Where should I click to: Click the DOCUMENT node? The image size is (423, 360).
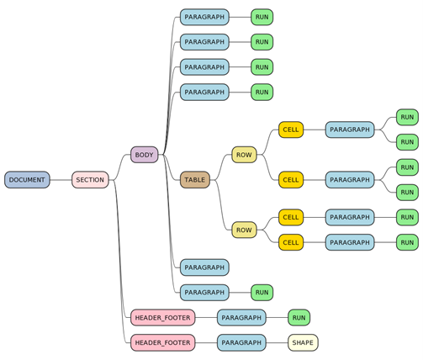[x=27, y=180]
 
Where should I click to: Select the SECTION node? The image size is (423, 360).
[x=90, y=180]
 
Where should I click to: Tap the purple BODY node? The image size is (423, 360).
[x=145, y=155]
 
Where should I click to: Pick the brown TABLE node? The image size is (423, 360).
[x=195, y=180]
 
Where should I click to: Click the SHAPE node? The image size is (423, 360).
[x=303, y=342]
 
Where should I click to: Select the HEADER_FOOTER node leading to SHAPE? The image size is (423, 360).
[x=162, y=342]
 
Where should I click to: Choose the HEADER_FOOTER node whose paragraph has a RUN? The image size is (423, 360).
[x=162, y=318]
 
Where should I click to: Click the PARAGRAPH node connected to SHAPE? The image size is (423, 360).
[x=241, y=342]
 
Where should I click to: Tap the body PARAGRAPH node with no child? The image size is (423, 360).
[x=204, y=267]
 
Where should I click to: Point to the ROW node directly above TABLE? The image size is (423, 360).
[x=244, y=155]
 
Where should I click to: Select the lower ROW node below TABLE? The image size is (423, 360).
[x=244, y=230]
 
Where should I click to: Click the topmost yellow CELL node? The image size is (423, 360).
[x=291, y=130]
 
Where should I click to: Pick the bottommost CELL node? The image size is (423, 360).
[x=291, y=242]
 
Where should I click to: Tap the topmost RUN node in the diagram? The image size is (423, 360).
[x=262, y=17]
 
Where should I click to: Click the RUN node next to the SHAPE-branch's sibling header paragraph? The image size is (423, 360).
[x=299, y=318]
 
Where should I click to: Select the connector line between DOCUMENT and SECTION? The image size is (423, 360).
[x=61, y=180]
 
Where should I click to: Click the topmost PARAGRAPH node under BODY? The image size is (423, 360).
[x=204, y=17]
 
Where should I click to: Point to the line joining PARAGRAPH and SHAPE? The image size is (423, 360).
[x=277, y=342]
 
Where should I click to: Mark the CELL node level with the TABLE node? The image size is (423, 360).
[x=291, y=180]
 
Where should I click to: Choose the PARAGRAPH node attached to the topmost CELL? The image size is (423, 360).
[x=350, y=130]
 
